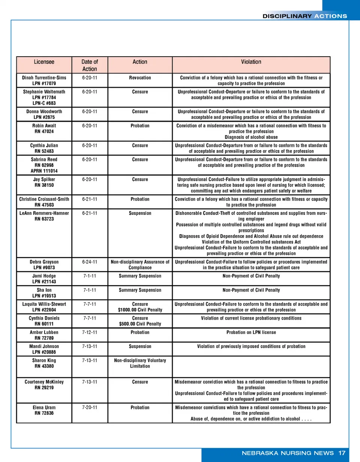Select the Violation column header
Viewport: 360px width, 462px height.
coord(251,62)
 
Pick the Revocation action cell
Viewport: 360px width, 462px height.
coord(140,78)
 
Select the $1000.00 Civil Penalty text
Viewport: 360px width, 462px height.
coord(140,310)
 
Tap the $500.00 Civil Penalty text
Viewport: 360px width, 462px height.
coord(140,324)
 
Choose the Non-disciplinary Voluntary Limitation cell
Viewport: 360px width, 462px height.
coord(140,363)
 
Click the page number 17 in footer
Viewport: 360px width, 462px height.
coord(341,453)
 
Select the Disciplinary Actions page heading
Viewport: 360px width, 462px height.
coord(304,16)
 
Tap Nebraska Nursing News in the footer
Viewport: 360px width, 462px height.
coord(288,453)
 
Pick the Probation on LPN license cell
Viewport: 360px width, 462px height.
coord(251,332)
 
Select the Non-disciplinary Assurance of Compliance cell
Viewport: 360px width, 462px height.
coord(140,264)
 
